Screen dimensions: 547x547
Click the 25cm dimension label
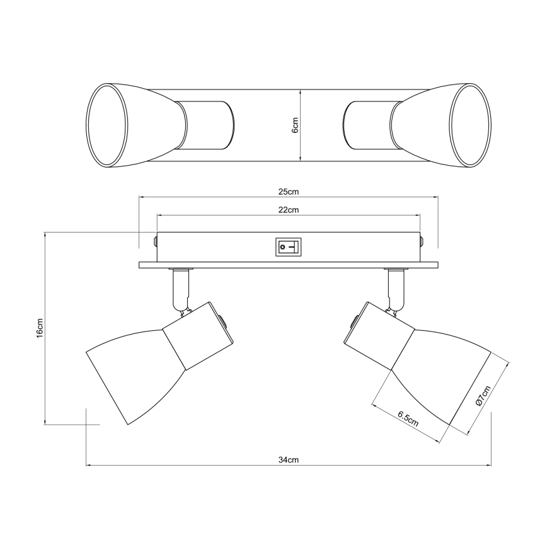point(289,192)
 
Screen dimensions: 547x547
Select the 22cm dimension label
point(289,210)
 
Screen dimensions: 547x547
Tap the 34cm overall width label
point(289,460)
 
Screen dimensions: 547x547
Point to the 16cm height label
point(40,328)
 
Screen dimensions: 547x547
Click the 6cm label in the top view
point(295,125)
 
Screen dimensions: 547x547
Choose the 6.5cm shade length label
point(408,419)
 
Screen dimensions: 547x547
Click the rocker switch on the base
point(288,247)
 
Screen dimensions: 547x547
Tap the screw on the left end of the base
point(155,241)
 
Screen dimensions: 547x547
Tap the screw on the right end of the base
point(422,241)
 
